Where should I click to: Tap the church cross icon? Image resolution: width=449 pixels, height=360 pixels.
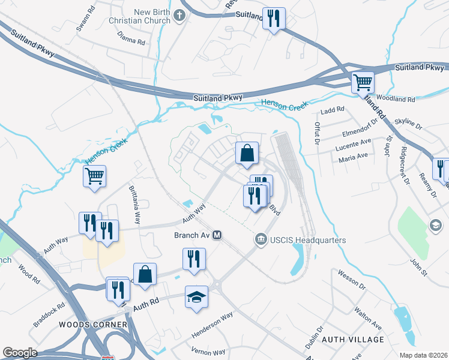[x=179, y=16]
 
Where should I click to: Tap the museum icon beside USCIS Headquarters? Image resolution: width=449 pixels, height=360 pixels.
[x=261, y=240]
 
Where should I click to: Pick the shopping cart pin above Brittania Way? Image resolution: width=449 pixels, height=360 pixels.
[x=94, y=176]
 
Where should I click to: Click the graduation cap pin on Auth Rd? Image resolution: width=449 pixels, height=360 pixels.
[x=196, y=297]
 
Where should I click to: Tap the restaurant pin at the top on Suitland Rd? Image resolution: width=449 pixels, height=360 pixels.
[x=274, y=18]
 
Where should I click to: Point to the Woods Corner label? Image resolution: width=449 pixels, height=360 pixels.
[x=93, y=325]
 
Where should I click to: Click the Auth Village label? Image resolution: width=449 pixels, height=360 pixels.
[x=353, y=340]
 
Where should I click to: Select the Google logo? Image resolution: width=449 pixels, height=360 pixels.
[x=20, y=353]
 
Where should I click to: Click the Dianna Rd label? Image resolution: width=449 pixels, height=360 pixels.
[x=133, y=43]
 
